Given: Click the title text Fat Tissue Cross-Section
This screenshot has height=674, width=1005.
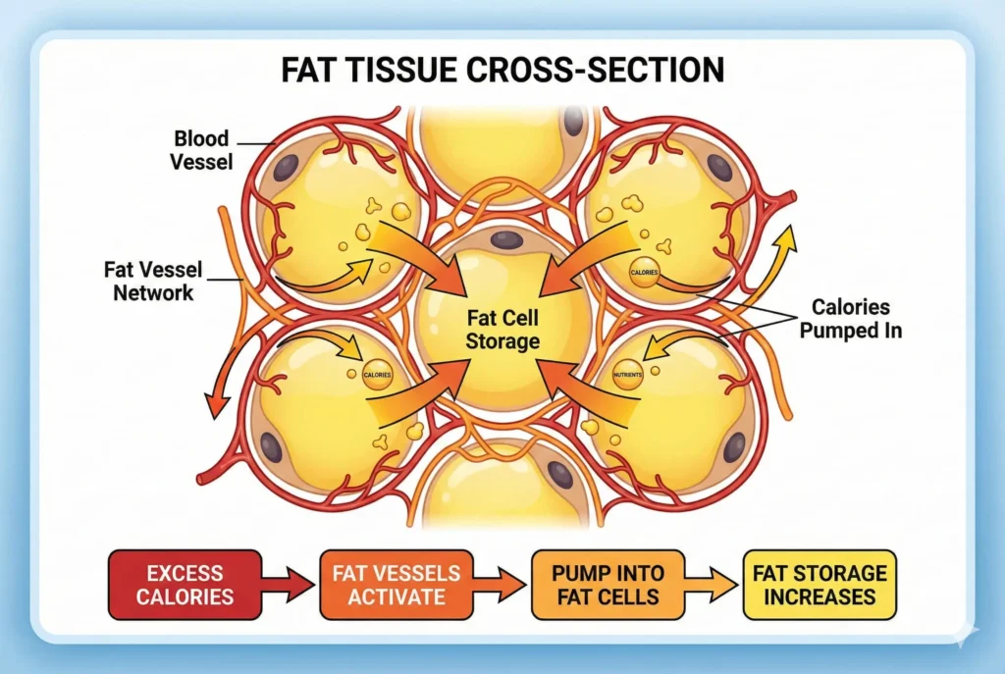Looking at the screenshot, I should click(502, 71).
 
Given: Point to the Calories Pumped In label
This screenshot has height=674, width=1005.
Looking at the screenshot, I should click(850, 319).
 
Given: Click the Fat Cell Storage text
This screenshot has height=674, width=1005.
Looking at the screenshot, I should click(503, 330).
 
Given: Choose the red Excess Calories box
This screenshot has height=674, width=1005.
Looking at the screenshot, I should click(185, 585).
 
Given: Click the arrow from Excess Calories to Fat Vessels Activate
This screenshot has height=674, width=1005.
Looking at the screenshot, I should click(291, 587).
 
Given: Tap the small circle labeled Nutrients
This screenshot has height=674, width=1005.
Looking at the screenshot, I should click(628, 375).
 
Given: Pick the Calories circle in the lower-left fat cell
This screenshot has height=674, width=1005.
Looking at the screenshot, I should click(377, 375).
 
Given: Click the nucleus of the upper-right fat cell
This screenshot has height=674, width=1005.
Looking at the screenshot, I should click(721, 167).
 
